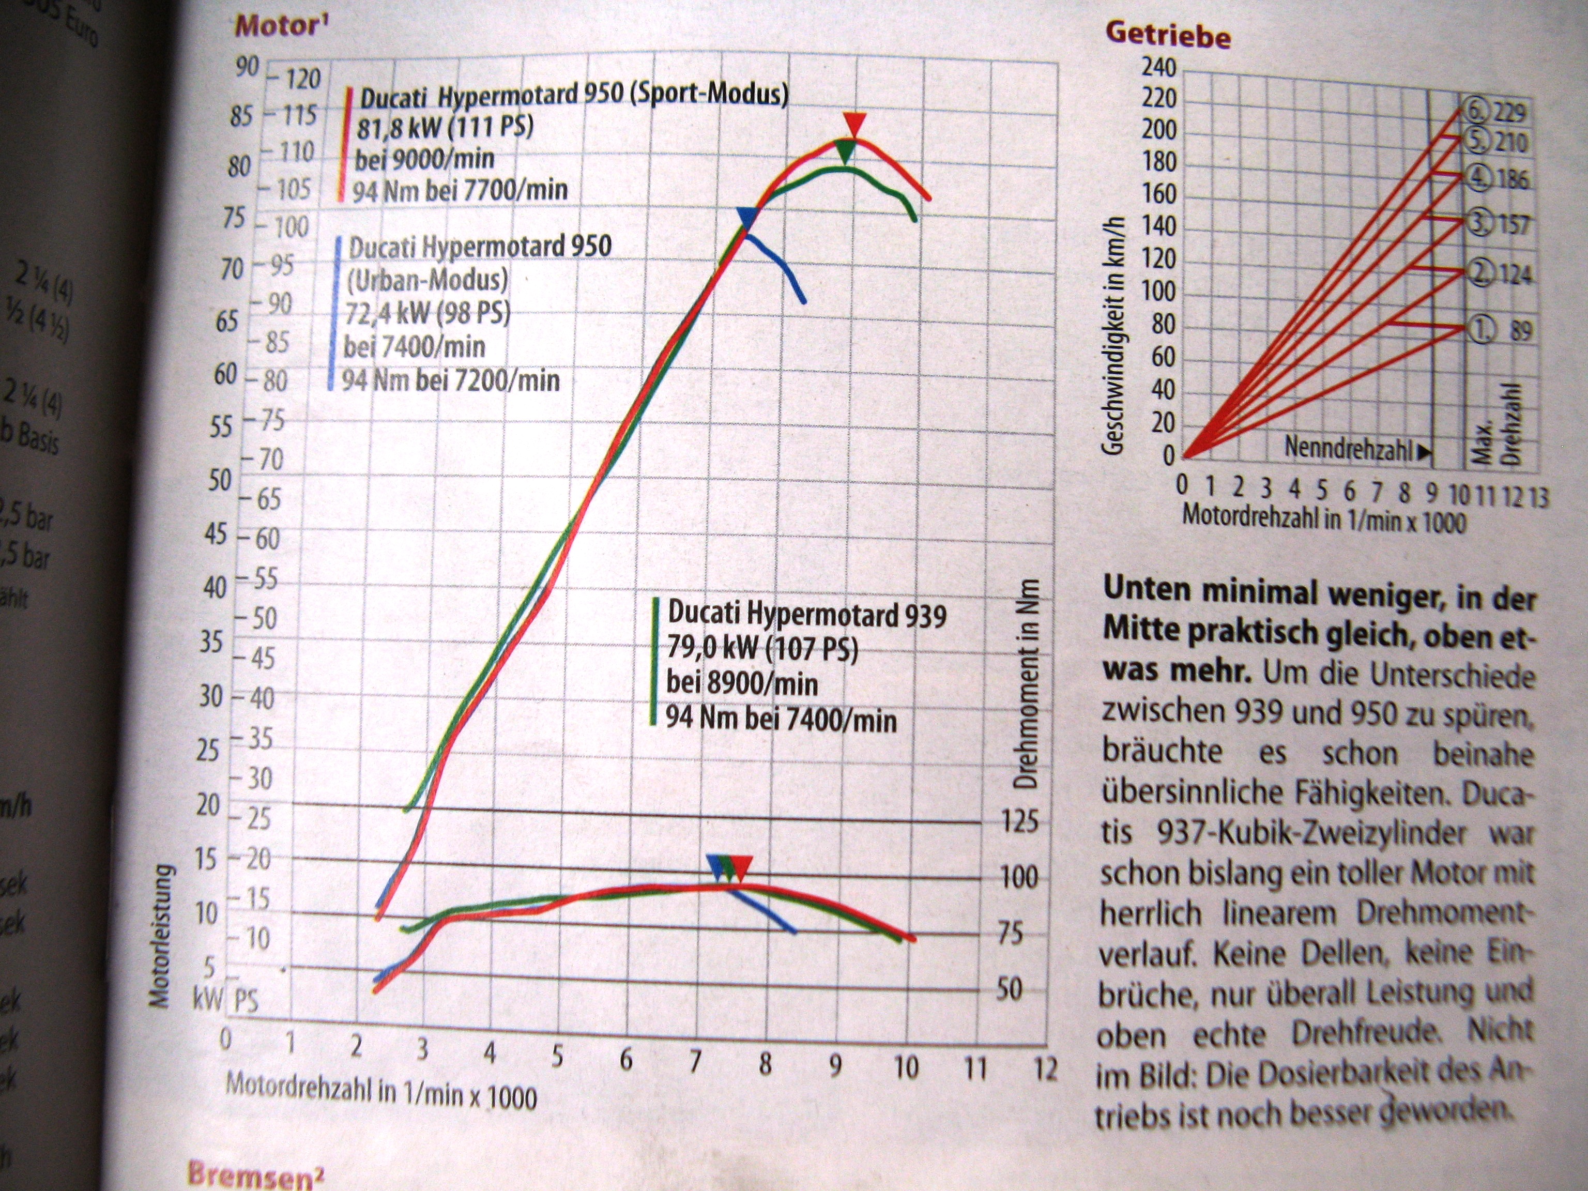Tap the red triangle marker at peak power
(854, 124)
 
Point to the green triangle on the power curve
(846, 151)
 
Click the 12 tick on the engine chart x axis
(1045, 1070)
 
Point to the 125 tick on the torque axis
(1019, 822)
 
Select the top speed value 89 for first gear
(1520, 330)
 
